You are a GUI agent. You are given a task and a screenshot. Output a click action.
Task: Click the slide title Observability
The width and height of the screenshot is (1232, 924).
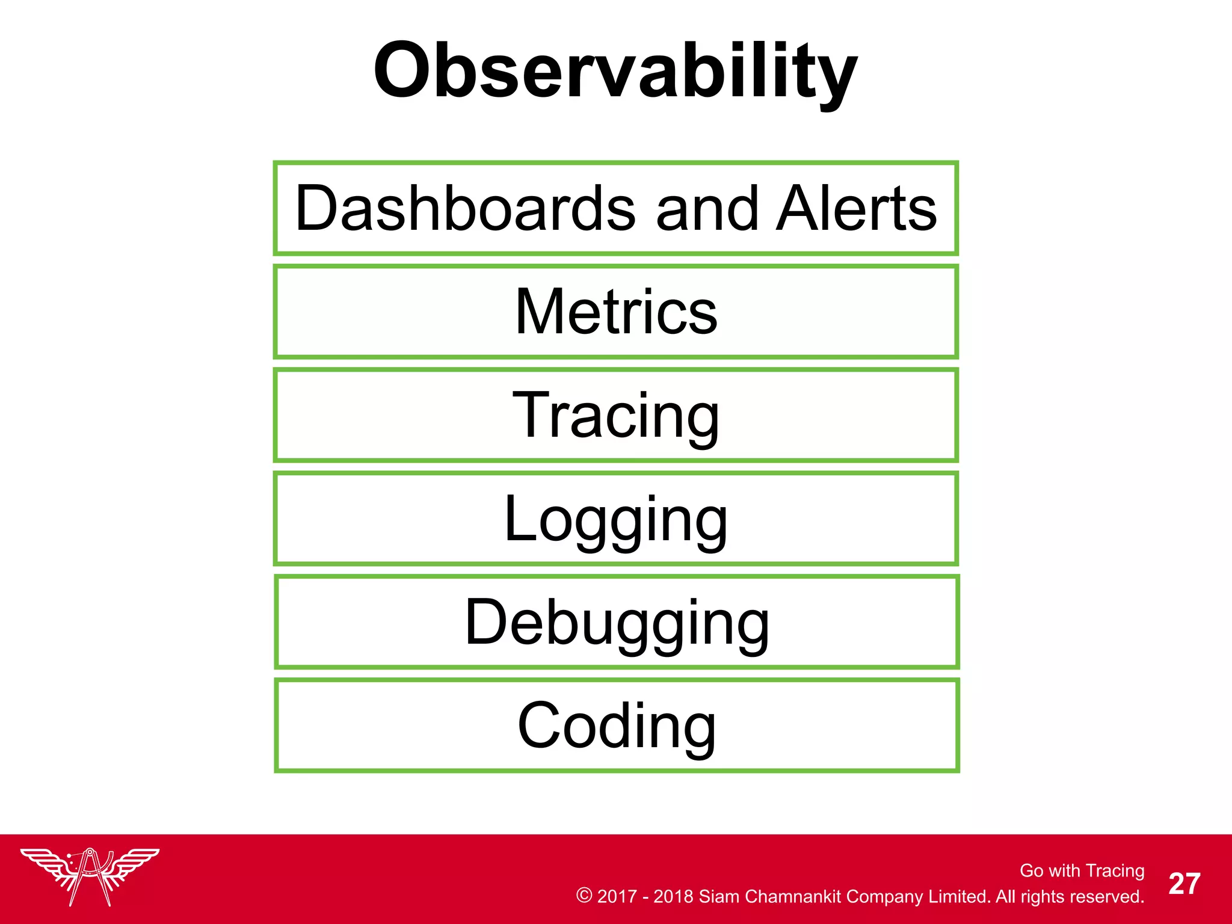[x=615, y=71]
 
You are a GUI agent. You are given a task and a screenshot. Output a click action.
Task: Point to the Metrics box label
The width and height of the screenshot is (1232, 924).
[x=616, y=312]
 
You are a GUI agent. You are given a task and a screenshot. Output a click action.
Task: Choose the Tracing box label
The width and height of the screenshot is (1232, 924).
[x=616, y=415]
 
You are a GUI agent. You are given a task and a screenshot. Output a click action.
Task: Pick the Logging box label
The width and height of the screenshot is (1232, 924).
[x=616, y=519]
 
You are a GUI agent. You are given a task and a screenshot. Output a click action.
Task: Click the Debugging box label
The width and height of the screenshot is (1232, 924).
[x=616, y=622]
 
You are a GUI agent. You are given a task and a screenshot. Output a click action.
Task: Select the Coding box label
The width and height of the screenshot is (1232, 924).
[x=616, y=725]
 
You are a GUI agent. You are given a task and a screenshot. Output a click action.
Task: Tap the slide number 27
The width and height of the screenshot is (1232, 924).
[x=1184, y=884]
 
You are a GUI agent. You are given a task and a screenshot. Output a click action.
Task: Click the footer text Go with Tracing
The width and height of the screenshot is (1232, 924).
[x=1082, y=870]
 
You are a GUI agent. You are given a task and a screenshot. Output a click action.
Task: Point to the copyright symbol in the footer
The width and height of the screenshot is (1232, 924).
[x=584, y=895]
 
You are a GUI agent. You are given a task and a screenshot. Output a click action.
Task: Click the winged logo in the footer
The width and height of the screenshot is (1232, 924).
[x=90, y=875]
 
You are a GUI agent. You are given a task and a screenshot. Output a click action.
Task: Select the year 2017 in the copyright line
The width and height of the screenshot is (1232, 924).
[x=617, y=896]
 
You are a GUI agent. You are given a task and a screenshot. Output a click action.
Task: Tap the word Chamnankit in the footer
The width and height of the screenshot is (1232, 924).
[x=793, y=896]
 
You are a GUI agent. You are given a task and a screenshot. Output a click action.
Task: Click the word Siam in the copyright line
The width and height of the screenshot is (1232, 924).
[x=719, y=896]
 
